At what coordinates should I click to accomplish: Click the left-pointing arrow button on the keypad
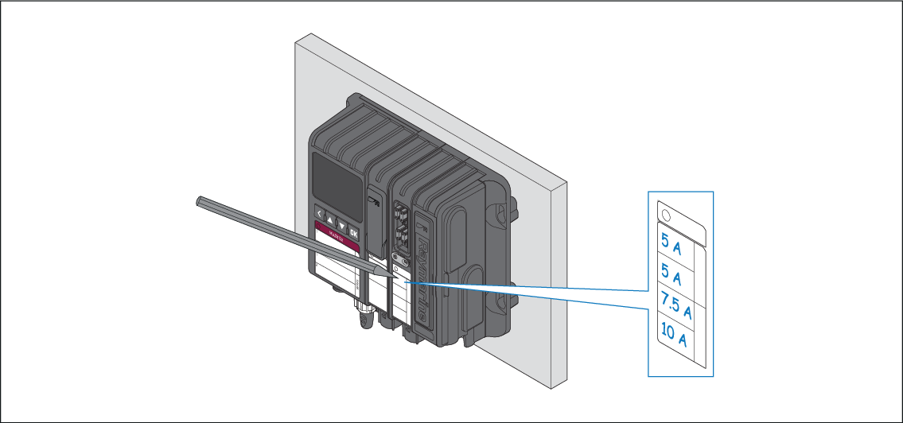pyautogui.click(x=320, y=215)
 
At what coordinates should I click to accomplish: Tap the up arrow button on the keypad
pyautogui.click(x=331, y=220)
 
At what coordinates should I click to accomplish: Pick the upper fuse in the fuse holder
pyautogui.click(x=402, y=215)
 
